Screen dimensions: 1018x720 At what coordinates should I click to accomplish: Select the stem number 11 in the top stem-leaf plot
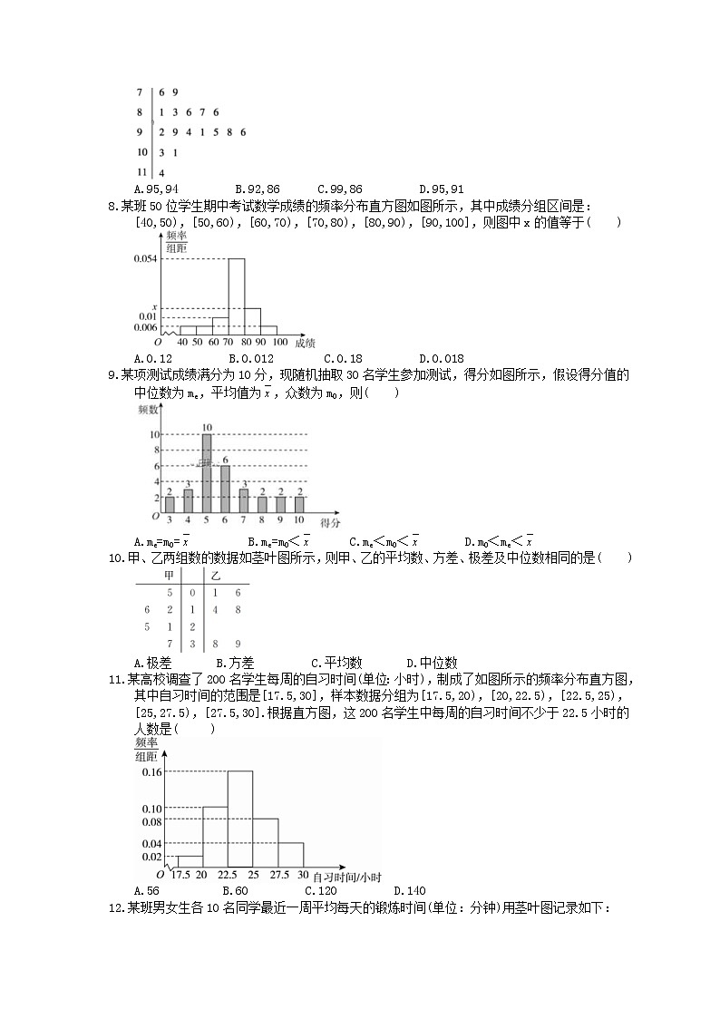click(141, 171)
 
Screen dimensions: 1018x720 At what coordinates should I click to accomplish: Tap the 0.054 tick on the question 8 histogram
click(146, 259)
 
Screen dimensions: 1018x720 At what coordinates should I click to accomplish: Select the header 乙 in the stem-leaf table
click(215, 576)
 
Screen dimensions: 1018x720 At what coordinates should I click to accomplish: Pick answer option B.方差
click(241, 663)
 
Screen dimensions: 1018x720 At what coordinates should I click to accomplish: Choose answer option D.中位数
click(432, 663)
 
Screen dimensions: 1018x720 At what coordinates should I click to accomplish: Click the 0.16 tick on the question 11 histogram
click(151, 772)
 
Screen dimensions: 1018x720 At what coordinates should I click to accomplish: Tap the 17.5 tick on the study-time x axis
click(180, 875)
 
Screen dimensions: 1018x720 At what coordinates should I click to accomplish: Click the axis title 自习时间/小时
click(346, 877)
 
